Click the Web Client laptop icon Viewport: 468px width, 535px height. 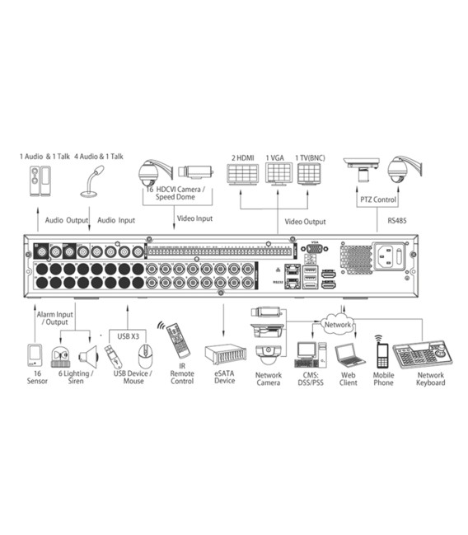[348, 355]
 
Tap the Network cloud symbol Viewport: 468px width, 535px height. [338, 325]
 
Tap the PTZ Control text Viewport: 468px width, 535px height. [379, 199]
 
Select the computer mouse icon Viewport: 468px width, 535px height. [146, 356]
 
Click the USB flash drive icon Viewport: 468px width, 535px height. [115, 356]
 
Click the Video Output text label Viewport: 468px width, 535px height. [305, 221]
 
